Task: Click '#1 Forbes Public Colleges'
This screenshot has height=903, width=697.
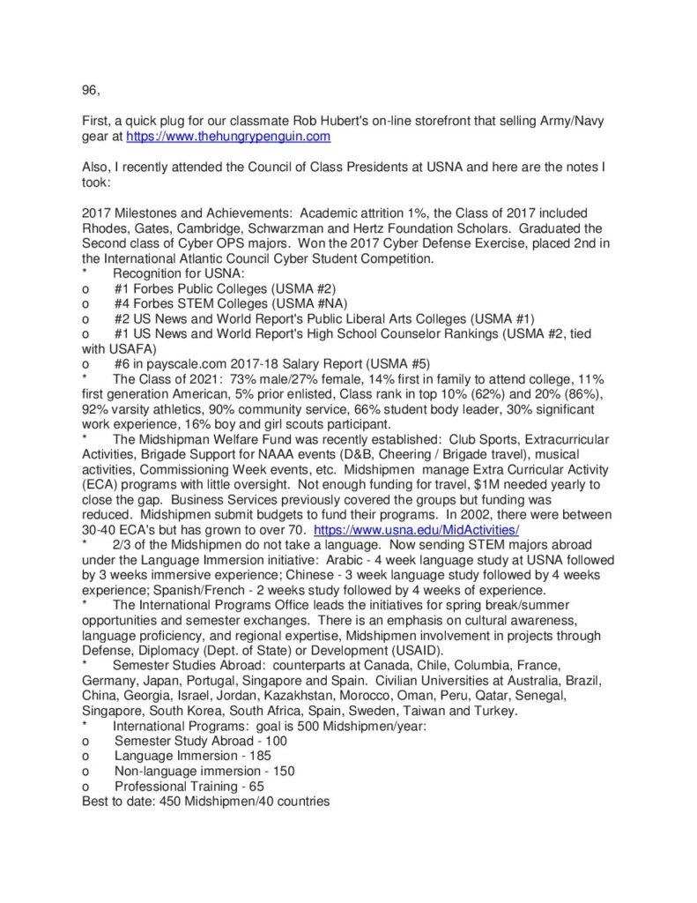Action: point(189,288)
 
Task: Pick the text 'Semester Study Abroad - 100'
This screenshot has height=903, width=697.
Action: point(201,741)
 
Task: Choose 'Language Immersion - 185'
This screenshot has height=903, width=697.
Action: point(193,756)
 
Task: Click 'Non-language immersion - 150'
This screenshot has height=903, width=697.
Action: point(204,771)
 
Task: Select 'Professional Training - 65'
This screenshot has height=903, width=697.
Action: point(189,786)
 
